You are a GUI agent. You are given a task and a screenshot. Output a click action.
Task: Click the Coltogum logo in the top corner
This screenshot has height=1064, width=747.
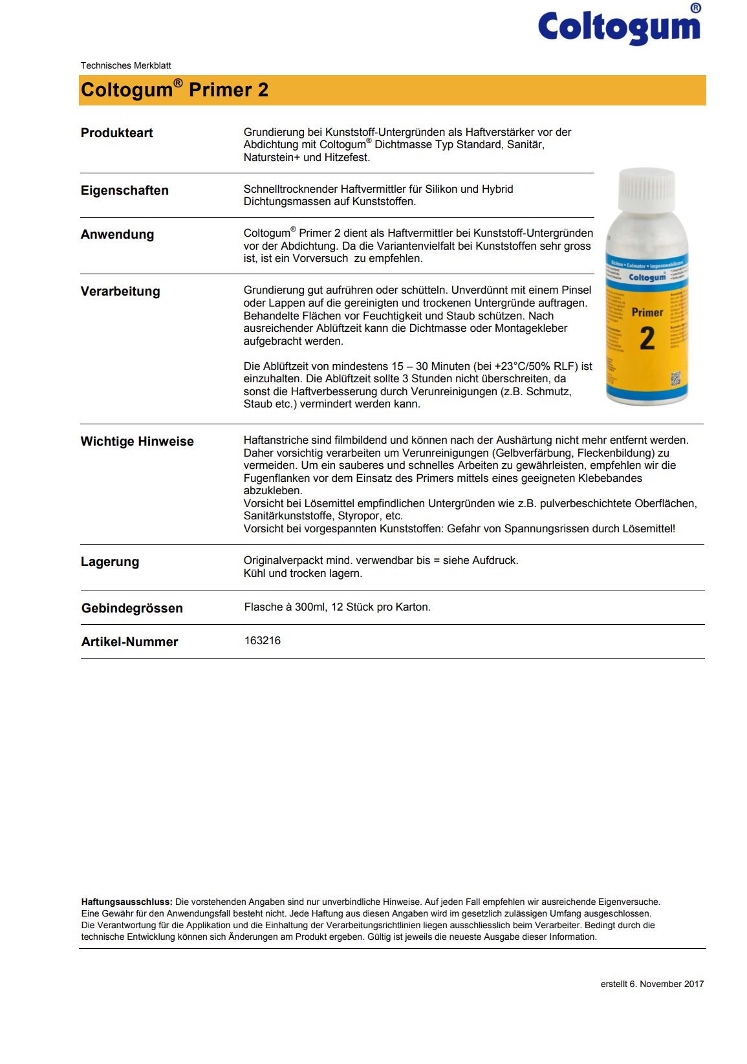(619, 27)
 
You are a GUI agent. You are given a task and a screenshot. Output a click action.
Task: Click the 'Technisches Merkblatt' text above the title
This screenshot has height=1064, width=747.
(125, 65)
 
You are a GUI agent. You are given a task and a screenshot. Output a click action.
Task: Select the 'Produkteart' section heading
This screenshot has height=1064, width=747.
(116, 133)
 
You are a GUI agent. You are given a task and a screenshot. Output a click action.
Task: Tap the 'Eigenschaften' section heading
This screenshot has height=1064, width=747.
(124, 190)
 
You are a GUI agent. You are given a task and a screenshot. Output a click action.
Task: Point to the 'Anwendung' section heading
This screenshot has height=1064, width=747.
(117, 234)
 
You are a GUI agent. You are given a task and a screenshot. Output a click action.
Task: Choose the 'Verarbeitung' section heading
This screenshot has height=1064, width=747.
(120, 291)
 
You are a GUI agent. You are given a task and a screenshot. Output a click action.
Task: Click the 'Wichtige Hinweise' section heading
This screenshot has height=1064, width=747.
(137, 441)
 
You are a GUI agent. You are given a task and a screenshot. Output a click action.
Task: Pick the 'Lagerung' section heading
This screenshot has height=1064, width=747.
(109, 561)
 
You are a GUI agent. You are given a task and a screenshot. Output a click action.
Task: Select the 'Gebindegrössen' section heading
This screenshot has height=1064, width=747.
(132, 608)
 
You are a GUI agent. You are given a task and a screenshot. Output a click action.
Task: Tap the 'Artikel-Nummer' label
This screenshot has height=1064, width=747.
(129, 642)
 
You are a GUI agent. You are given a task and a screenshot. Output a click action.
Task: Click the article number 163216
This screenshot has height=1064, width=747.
(263, 640)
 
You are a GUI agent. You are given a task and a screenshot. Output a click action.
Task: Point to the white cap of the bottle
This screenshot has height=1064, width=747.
(646, 190)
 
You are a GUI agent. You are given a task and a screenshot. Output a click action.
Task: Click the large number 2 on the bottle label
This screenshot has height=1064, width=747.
(647, 339)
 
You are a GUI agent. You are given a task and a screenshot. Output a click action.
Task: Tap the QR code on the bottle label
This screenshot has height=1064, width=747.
(676, 378)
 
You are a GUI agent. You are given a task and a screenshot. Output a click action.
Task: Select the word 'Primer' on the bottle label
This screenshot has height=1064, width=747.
(647, 312)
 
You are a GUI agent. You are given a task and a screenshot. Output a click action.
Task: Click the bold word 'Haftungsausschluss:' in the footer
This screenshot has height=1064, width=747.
(127, 902)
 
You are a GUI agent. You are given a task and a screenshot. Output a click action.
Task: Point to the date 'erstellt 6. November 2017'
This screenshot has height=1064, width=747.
(652, 984)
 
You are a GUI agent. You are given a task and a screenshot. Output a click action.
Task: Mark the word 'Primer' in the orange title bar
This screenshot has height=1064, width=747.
(219, 90)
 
